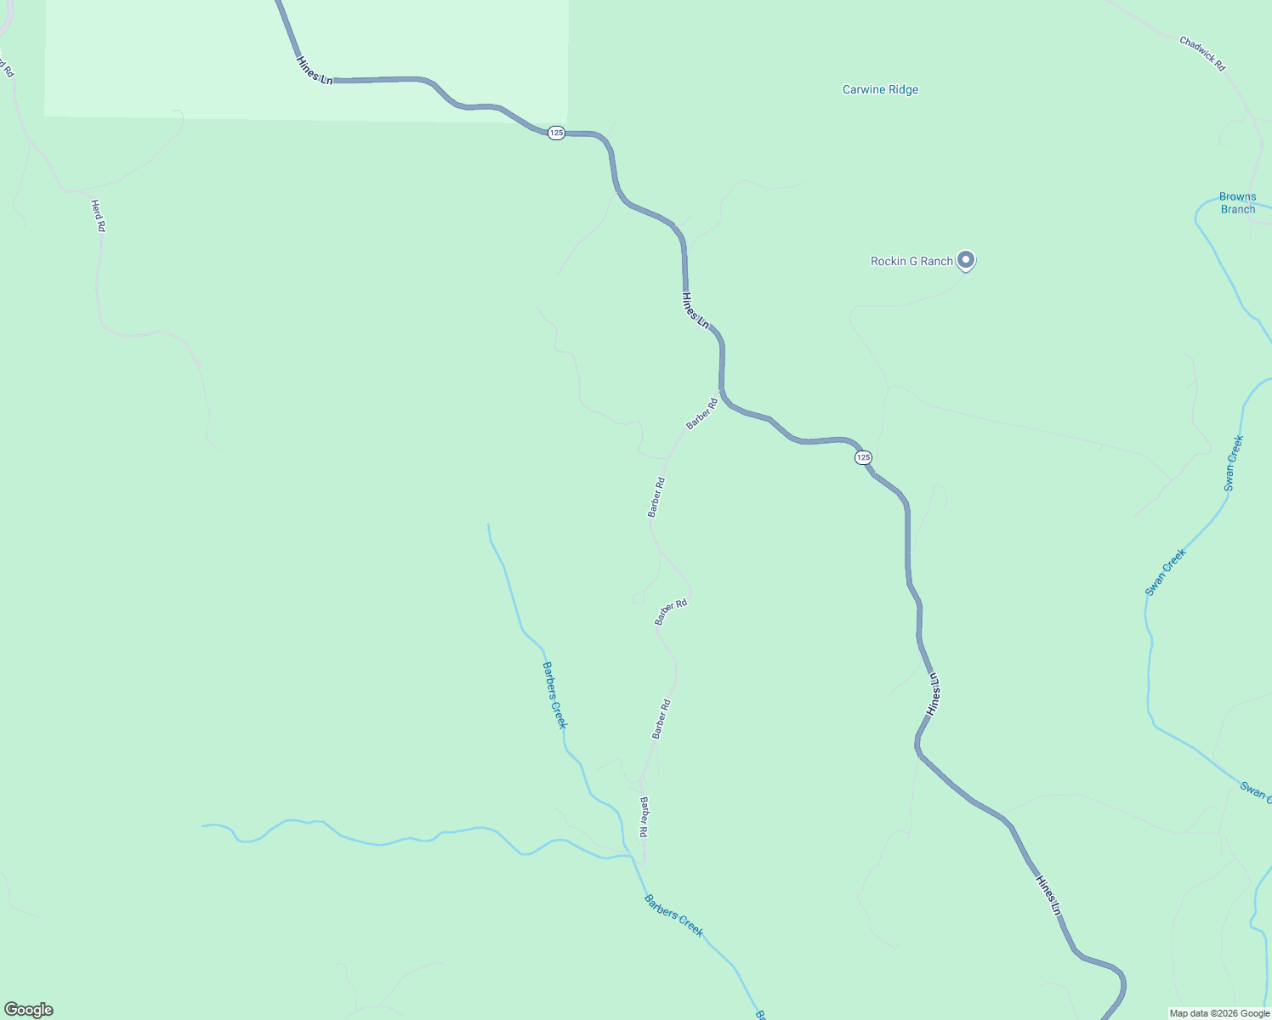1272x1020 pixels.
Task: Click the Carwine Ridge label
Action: tap(880, 89)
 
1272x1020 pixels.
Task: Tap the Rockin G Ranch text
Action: tap(911, 261)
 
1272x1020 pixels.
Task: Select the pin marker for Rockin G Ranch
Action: tap(965, 259)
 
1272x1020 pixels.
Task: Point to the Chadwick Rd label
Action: tap(1202, 54)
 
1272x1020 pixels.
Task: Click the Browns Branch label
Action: tap(1237, 203)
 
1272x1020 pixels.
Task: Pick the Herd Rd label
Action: tap(98, 216)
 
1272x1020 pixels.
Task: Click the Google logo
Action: tap(29, 1010)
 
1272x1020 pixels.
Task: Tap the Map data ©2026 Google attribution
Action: tap(1219, 1013)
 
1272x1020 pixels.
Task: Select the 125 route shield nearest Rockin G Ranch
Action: tap(863, 457)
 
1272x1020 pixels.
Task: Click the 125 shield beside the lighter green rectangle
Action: tap(555, 133)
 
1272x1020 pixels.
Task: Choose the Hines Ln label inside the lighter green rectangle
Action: tap(314, 70)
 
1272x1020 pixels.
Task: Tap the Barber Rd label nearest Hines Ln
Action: tap(702, 414)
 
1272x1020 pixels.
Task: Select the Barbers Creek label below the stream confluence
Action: tap(673, 915)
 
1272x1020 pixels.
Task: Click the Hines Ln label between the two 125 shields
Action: tap(695, 310)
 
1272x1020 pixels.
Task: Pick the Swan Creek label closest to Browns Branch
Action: tap(1234, 463)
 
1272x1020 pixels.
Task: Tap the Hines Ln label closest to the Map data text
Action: tap(1048, 895)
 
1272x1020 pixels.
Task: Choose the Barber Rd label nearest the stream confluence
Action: tap(645, 818)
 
